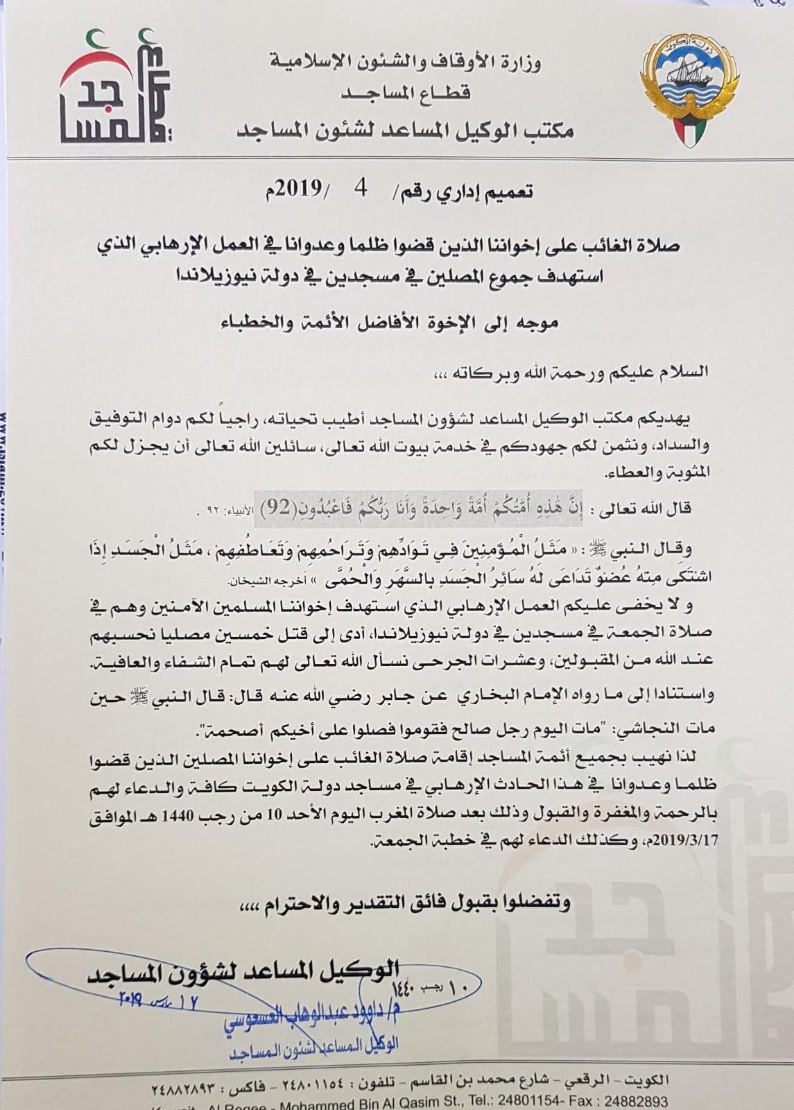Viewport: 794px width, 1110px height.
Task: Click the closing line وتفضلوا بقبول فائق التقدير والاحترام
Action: [x=402, y=903]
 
